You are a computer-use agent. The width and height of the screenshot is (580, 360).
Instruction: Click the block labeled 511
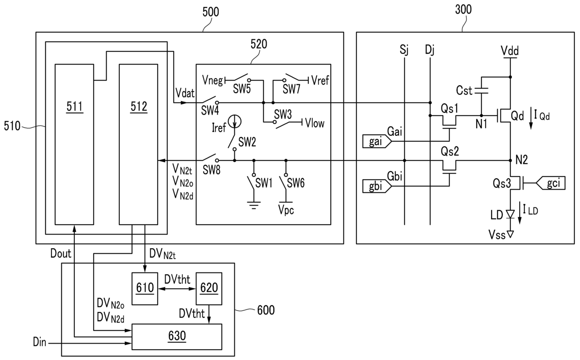click(x=74, y=144)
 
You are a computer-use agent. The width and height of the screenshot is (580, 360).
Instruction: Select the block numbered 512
click(x=138, y=144)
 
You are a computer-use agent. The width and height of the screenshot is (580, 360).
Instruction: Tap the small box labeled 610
click(x=145, y=288)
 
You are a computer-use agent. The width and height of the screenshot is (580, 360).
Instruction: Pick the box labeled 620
click(x=209, y=288)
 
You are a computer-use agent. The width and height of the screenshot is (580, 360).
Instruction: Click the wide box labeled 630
click(x=177, y=337)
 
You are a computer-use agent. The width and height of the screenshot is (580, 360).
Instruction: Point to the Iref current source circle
click(x=235, y=121)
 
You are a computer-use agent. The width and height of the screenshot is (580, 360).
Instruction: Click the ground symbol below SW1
click(x=254, y=205)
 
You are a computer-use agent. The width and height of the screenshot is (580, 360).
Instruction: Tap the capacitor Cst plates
click(x=481, y=91)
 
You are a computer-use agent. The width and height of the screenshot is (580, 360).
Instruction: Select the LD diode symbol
click(x=510, y=214)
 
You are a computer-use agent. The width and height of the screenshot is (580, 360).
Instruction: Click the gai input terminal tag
click(x=377, y=141)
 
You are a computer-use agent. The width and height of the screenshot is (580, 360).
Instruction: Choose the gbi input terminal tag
click(x=377, y=186)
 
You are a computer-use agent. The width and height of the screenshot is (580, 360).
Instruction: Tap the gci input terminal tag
click(x=550, y=183)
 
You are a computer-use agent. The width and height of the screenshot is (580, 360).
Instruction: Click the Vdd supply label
click(x=509, y=51)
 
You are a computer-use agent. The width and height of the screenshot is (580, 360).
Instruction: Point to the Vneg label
click(x=212, y=81)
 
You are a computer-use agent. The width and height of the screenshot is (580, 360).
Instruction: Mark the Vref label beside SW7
click(x=320, y=81)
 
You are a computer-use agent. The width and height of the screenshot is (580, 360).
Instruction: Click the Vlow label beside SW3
click(x=315, y=123)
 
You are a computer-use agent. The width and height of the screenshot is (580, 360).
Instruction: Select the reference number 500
click(x=210, y=12)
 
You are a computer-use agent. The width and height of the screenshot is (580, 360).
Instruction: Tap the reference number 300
click(x=463, y=9)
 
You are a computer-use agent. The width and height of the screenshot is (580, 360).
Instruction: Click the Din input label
click(x=39, y=342)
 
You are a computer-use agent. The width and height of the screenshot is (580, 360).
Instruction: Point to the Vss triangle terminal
click(x=510, y=234)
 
